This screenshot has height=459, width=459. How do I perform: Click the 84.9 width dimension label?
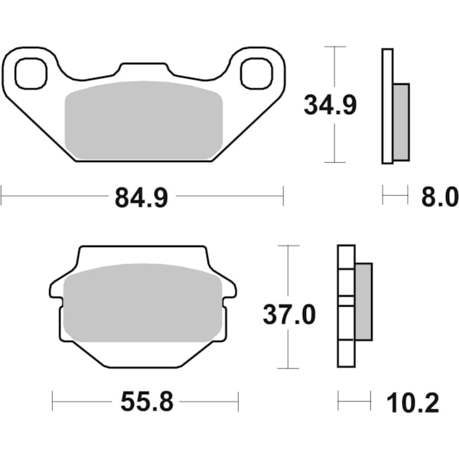[x=142, y=198]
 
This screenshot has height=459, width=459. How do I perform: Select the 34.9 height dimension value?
[x=330, y=106]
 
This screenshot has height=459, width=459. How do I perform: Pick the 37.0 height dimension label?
[x=289, y=314]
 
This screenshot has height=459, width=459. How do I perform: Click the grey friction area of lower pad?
[x=144, y=302]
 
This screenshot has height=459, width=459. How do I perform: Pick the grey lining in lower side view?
[x=363, y=301]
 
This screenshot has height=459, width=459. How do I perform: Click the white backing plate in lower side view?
[x=346, y=306]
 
